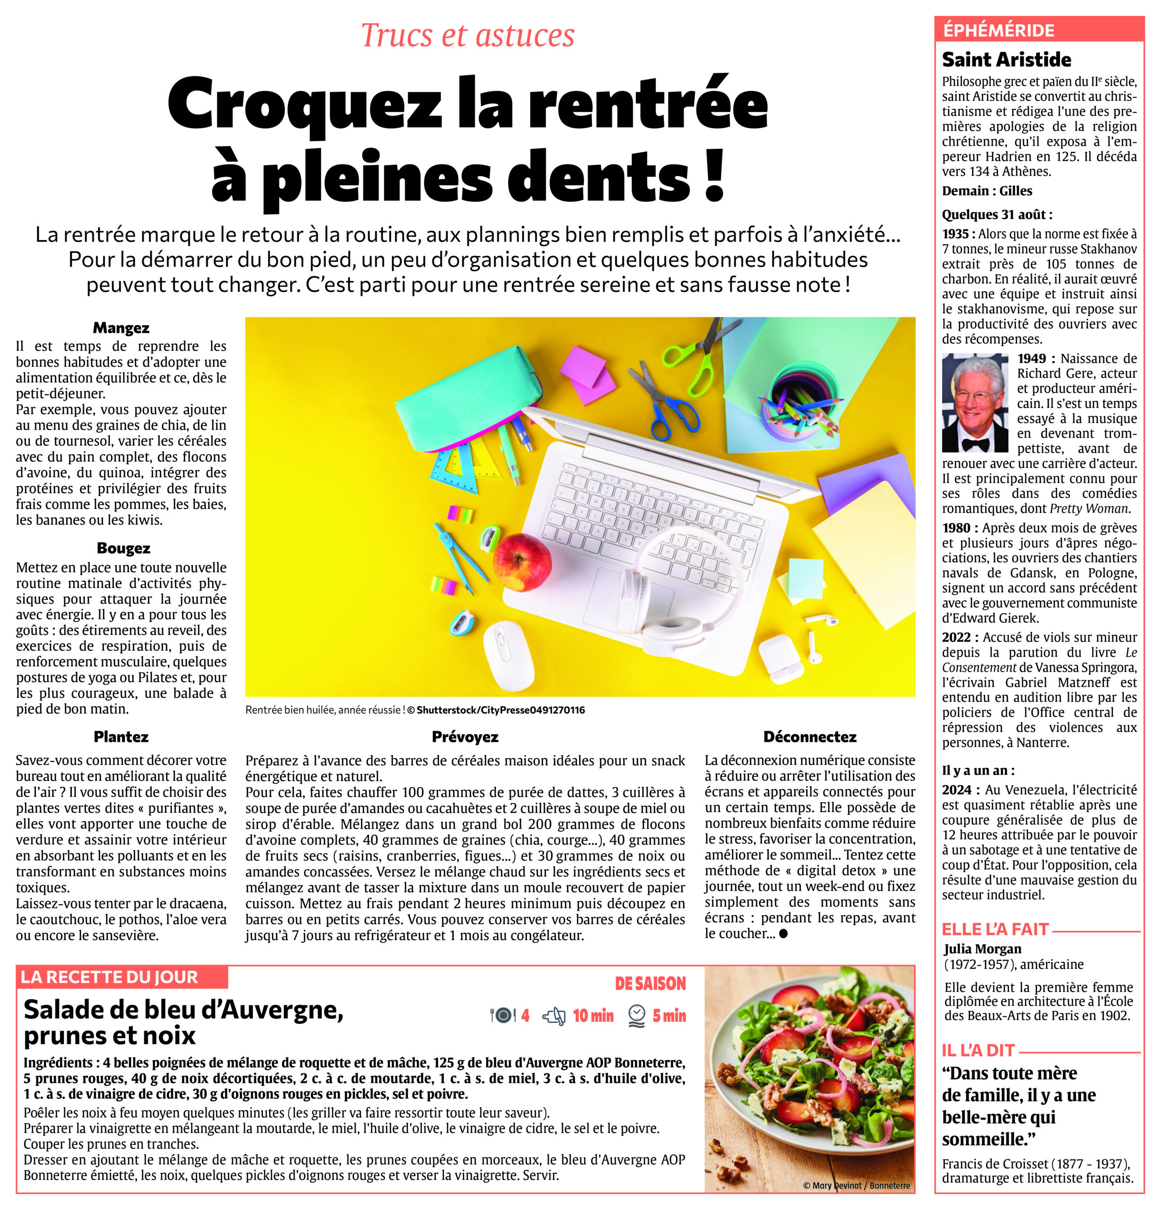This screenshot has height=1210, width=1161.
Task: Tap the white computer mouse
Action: click(x=508, y=656)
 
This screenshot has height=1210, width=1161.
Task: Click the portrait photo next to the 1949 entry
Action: click(x=974, y=403)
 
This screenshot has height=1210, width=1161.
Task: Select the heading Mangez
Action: click(x=121, y=328)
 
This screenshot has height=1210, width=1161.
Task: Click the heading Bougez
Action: click(x=123, y=548)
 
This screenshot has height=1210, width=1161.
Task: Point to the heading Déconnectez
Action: click(x=810, y=736)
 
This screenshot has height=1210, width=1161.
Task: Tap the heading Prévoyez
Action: click(x=465, y=736)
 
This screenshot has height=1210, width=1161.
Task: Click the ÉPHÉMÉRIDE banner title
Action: click(x=998, y=30)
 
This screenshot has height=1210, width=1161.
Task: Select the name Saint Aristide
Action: click(x=1006, y=60)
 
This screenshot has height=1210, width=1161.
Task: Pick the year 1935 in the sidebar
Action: click(x=955, y=234)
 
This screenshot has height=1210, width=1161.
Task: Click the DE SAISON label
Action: click(x=650, y=984)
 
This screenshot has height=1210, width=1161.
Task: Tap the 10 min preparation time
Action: click(x=593, y=1016)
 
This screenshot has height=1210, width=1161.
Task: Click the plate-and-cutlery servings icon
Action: click(x=502, y=1016)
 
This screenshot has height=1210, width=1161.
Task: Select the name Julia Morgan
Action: click(x=982, y=949)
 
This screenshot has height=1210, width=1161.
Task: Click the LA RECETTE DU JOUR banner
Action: click(x=110, y=977)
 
